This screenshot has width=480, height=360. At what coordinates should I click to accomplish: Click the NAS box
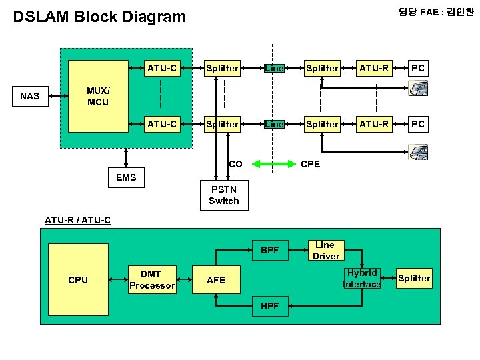pyautogui.click(x=30, y=96)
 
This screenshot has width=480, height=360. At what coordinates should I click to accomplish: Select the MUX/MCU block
pyautogui.click(x=98, y=97)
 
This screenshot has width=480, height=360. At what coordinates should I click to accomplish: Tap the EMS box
pyautogui.click(x=125, y=177)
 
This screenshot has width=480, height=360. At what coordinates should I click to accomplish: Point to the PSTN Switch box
pyautogui.click(x=223, y=195)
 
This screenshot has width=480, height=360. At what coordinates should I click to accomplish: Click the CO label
pyautogui.click(x=235, y=164)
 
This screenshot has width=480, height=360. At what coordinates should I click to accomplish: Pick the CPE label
pyautogui.click(x=311, y=164)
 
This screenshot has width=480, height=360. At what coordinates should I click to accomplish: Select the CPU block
pyautogui.click(x=78, y=280)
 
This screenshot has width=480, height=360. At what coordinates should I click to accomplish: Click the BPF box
pyautogui.click(x=269, y=251)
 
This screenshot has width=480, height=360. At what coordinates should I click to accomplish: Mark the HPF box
pyautogui.click(x=269, y=306)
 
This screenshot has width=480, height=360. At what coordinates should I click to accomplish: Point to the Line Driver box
pyautogui.click(x=325, y=251)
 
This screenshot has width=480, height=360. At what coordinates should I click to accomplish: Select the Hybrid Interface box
pyautogui.click(x=362, y=279)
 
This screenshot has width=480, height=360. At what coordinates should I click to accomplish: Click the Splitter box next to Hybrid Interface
pyautogui.click(x=414, y=279)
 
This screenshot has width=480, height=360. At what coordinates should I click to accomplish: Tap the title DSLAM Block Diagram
pyautogui.click(x=100, y=17)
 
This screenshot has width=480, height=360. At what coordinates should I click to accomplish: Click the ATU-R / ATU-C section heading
pyautogui.click(x=77, y=220)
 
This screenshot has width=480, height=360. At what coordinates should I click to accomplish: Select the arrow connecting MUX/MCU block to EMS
pyautogui.click(x=125, y=157)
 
